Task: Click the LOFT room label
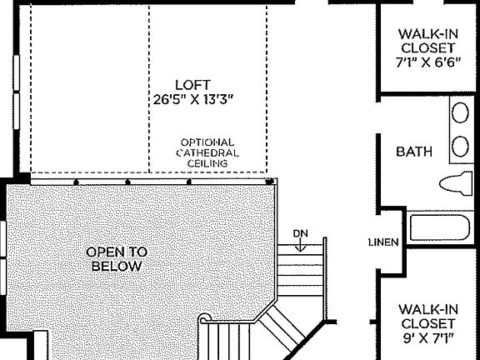(x=192, y=84)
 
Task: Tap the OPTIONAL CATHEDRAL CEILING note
(x=207, y=153)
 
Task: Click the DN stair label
(x=301, y=232)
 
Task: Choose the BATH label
(x=414, y=152)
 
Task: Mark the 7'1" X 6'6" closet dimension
(x=427, y=62)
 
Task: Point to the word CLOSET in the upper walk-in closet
(x=427, y=47)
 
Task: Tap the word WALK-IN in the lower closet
(x=427, y=307)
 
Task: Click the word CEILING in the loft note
(x=207, y=164)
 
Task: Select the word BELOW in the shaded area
(x=117, y=267)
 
